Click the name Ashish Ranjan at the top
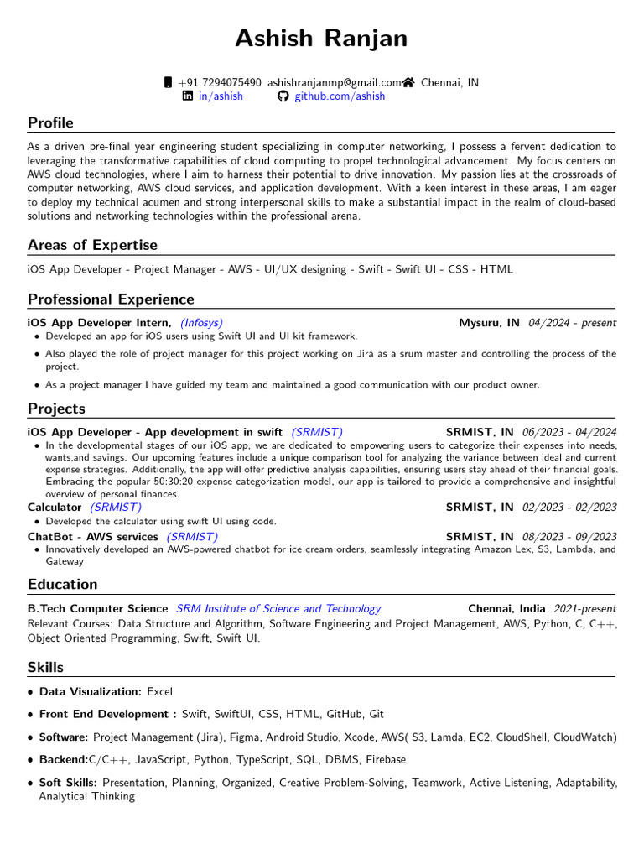click(x=321, y=39)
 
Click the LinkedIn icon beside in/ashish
click(x=188, y=96)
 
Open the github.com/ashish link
click(x=339, y=96)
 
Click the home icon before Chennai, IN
click(x=408, y=82)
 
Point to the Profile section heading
click(x=50, y=123)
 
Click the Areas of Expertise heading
click(x=92, y=245)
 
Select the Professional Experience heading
click(x=111, y=299)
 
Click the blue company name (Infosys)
click(x=201, y=323)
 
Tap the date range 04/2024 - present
click(x=572, y=323)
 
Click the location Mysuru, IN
click(x=489, y=323)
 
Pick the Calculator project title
click(x=55, y=508)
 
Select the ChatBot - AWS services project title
click(x=93, y=537)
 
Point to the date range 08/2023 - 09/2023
click(x=569, y=537)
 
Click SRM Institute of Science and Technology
click(x=278, y=609)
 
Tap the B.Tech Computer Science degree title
click(x=98, y=609)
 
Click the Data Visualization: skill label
click(x=91, y=692)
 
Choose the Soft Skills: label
click(x=68, y=783)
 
